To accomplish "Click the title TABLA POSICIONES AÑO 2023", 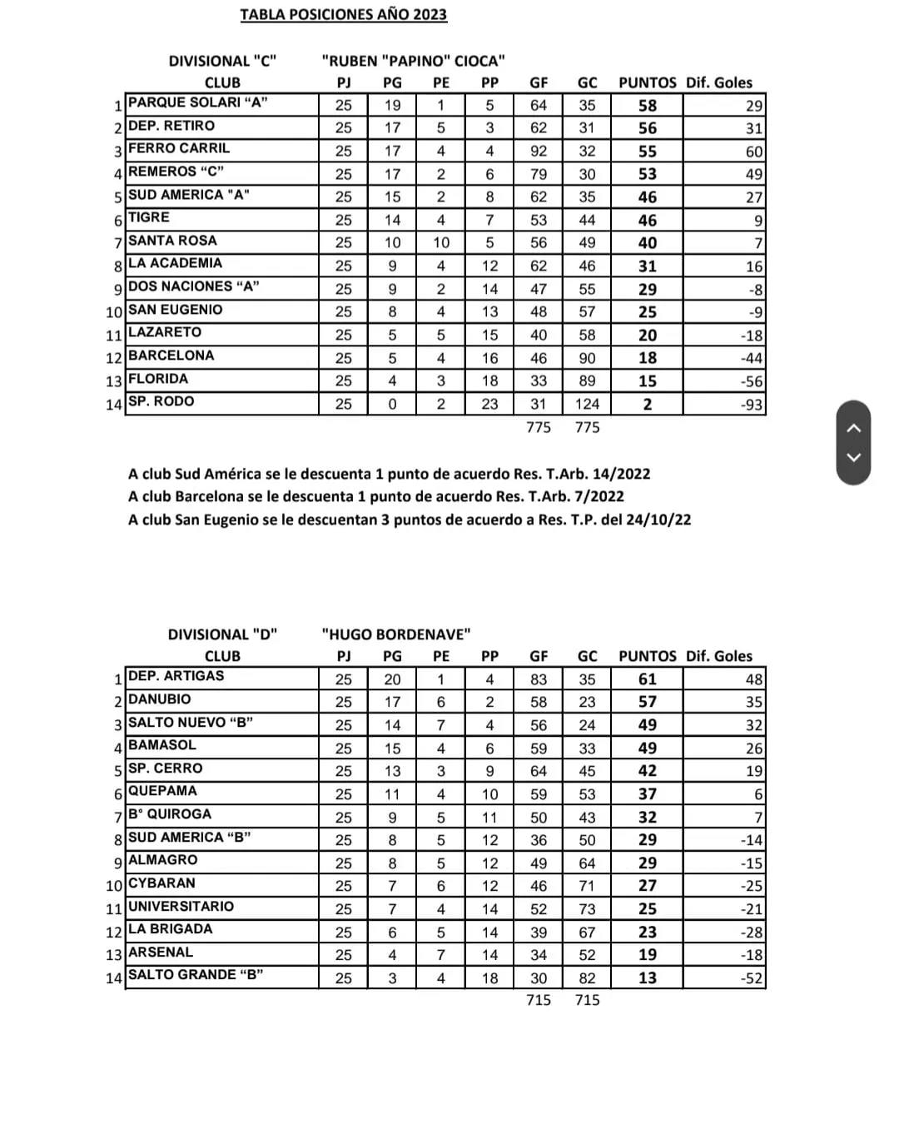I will (x=343, y=14).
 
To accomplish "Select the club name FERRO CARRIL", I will (x=179, y=148).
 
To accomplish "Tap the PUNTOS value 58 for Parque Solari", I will (x=647, y=105).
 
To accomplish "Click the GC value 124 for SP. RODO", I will (x=587, y=404).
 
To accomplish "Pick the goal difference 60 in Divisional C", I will (x=753, y=152).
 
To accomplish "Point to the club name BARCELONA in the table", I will (x=171, y=356).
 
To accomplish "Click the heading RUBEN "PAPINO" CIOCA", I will (x=413, y=61).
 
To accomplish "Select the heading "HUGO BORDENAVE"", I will (x=396, y=634).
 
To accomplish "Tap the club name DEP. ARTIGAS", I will (x=176, y=676).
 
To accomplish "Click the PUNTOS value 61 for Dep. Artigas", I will (x=647, y=679).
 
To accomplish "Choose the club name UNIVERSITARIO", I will (x=181, y=906).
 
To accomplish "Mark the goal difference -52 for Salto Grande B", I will (x=752, y=978).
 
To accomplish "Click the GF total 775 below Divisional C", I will (x=539, y=427).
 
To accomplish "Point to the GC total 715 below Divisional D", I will (x=587, y=1000).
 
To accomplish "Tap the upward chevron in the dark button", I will (x=853, y=428).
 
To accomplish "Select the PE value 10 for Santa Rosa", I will (x=440, y=242).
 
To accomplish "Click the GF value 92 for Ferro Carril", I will (x=539, y=151).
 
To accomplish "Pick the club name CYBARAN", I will (x=162, y=883).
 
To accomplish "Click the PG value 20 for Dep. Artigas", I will (x=392, y=679).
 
